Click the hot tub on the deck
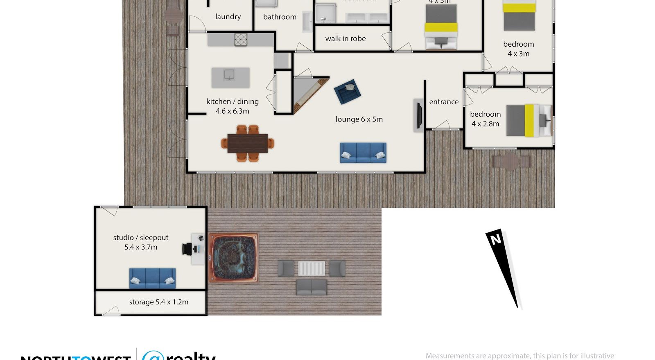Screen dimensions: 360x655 click(233, 259)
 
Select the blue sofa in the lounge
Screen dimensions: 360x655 click(363, 153)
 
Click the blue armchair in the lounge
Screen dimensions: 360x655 click(348, 92)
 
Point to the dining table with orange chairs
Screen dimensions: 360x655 click(247, 143)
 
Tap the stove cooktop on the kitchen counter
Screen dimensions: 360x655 click(241, 40)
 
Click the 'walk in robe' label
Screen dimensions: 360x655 click(346, 39)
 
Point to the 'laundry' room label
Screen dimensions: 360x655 click(228, 17)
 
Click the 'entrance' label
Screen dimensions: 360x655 click(444, 102)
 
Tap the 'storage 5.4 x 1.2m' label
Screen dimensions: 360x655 click(159, 302)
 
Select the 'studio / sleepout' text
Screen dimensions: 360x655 click(141, 238)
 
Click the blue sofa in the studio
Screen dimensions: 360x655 click(152, 278)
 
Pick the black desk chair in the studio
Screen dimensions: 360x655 click(187, 249)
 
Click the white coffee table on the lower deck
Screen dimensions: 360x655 click(312, 268)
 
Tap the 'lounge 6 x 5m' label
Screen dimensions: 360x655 click(359, 119)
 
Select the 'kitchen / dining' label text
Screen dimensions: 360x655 click(233, 101)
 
